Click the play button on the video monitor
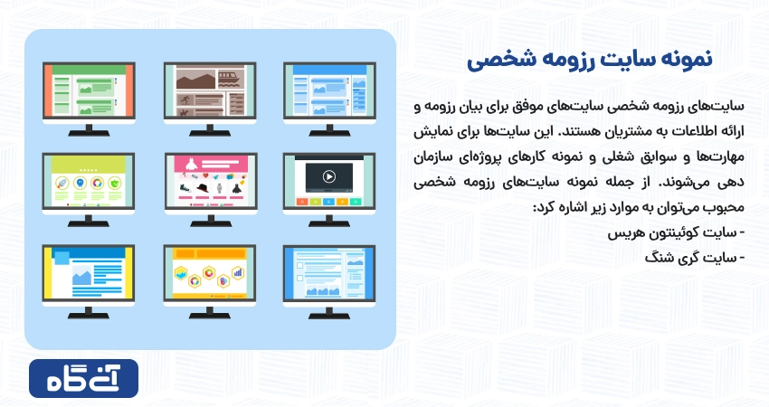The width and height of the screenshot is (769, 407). [329, 176]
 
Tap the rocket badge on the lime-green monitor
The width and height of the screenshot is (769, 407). [62, 184]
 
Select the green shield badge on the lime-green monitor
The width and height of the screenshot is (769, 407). [115, 184]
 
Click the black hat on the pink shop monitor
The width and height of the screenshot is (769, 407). [203, 188]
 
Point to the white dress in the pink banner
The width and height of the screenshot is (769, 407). [191, 164]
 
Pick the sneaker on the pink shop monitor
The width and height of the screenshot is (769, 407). [185, 188]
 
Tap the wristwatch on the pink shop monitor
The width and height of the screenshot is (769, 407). [220, 188]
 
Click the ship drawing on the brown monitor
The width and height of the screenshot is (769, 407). [231, 79]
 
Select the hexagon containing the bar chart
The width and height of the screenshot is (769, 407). [238, 272]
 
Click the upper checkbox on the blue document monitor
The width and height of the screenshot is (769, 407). [300, 266]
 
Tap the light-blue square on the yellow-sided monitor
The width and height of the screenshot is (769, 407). [61, 258]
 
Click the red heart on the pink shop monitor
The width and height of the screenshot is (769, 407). [206, 175]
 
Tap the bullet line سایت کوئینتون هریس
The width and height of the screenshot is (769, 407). [677, 233]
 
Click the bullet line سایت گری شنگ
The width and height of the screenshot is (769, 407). [695, 258]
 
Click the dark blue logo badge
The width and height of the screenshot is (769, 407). [84, 379]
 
